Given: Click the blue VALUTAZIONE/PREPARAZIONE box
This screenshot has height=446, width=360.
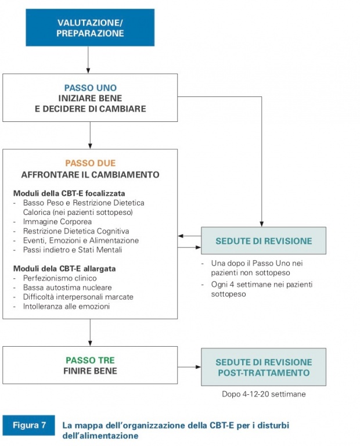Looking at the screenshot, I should click(90, 28).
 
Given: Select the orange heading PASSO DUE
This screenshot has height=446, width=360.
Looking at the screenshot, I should click(90, 163).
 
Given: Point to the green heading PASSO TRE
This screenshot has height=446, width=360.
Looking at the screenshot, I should click(90, 360).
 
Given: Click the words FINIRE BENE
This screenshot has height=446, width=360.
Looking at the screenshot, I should click(90, 371).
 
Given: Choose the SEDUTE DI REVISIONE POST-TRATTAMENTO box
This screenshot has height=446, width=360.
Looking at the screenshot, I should click(264, 367).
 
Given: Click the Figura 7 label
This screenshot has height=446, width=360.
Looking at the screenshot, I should click(29, 425).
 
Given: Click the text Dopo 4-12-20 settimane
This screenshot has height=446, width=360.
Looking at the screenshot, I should click(264, 394).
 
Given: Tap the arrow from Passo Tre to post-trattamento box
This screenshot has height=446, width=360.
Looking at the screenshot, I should click(189, 367).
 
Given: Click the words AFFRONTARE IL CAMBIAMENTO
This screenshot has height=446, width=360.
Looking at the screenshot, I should click(90, 175).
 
